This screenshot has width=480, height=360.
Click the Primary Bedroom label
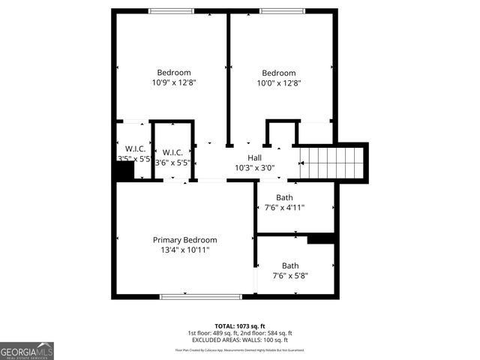[x=184, y=240]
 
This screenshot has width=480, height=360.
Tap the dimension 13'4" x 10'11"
[x=184, y=250]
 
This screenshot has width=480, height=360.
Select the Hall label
[x=254, y=157]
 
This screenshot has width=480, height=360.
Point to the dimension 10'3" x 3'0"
[x=254, y=168]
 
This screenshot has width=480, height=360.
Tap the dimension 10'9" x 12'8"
[x=173, y=83]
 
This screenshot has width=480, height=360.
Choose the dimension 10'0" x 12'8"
[x=279, y=83]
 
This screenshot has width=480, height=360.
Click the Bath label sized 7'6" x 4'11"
[x=284, y=198]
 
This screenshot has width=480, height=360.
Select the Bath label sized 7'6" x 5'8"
[x=289, y=265]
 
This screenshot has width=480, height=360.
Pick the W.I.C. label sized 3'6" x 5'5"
[x=172, y=152]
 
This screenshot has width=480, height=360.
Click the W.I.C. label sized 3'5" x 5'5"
[x=135, y=148]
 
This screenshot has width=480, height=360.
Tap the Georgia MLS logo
[x=27, y=350]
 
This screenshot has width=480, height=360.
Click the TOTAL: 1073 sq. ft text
[x=239, y=326]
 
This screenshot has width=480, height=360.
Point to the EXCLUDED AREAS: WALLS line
[x=239, y=340]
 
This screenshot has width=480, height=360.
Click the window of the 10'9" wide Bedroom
[x=171, y=10]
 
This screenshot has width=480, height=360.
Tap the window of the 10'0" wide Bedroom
[x=282, y=10]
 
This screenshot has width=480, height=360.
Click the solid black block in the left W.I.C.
[x=124, y=172]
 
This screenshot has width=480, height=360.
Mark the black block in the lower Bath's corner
[x=321, y=238]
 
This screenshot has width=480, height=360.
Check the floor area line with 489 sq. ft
[x=239, y=333]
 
